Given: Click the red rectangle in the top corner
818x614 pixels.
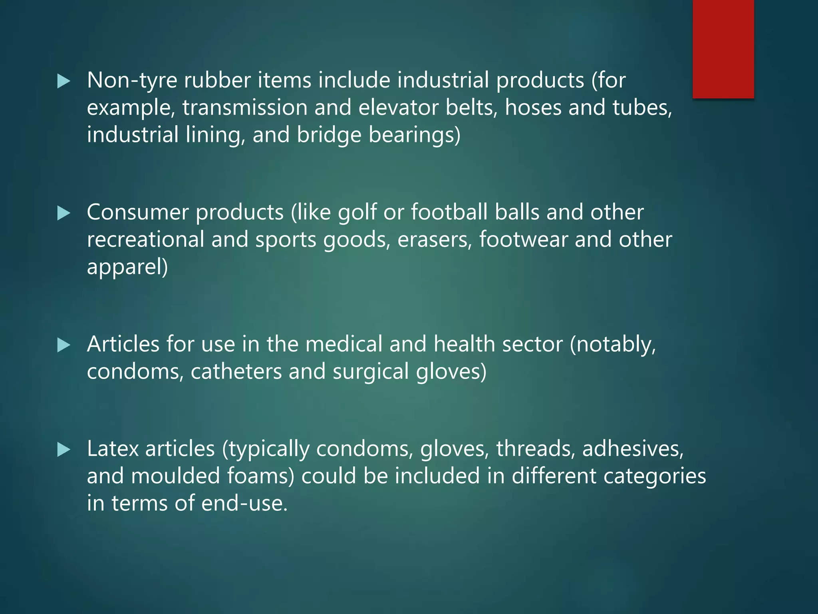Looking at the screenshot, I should click(723, 49).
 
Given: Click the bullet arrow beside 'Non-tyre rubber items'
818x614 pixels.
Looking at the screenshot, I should click(64, 81).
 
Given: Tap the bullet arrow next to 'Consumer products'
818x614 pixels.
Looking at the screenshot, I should click(64, 213).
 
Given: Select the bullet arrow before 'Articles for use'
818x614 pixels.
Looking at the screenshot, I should click(64, 345).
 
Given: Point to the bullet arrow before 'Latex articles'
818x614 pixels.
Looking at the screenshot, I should click(64, 450).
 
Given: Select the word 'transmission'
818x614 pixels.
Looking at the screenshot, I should click(245, 108).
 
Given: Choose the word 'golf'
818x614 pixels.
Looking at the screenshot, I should click(357, 212).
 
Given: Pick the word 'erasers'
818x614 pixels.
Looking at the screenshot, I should click(435, 239).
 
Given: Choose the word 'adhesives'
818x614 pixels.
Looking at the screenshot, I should click(632, 449).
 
